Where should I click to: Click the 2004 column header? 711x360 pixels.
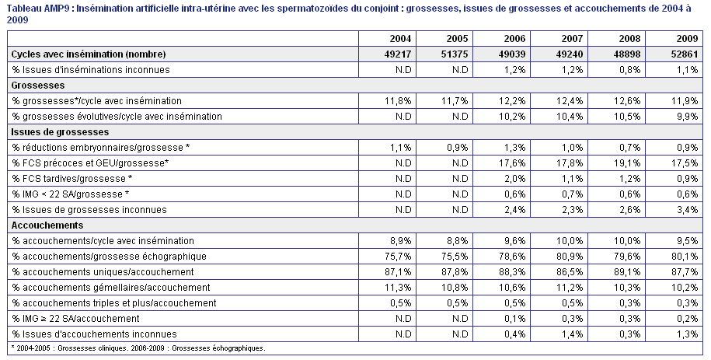coord(400,39)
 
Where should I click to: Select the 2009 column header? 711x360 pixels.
coord(687,39)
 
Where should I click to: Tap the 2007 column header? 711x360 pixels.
coord(572,39)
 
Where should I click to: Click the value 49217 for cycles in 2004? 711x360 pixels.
coord(397,54)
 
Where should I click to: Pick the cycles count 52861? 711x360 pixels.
coord(685,54)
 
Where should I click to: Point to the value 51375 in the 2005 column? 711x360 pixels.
coord(455,54)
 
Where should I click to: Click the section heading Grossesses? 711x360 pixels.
coord(38,86)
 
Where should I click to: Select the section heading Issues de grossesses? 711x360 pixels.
coord(61,132)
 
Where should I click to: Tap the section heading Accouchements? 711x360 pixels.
coord(47,225)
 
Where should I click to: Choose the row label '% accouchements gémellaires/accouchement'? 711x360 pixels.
coord(111,288)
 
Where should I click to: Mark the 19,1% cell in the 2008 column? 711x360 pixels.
coord(628,163)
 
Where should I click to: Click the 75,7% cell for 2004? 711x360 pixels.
coord(398,257)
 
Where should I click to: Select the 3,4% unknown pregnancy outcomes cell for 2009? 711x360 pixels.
coord(688,210)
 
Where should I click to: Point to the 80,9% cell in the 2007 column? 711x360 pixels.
coord(570,257)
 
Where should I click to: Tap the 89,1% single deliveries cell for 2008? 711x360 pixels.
coord(628,272)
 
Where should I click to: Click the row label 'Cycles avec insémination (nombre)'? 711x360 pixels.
coord(89,54)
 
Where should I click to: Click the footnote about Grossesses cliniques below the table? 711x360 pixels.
coord(138,348)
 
